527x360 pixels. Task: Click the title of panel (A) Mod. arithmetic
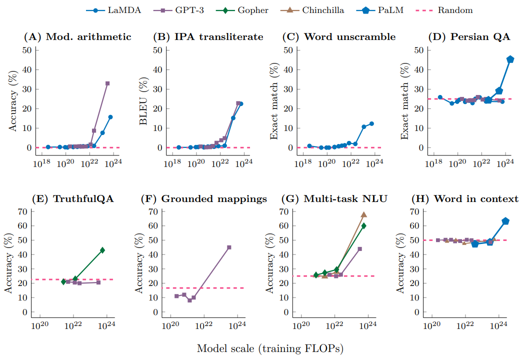point(77,36)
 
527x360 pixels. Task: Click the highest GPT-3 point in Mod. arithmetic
point(107,83)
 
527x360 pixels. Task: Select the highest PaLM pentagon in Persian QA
point(510,59)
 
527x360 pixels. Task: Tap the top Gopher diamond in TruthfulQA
point(102,250)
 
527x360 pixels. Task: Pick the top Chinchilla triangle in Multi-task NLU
point(364,214)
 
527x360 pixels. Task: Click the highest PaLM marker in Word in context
point(505,221)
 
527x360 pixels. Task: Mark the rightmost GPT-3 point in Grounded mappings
point(229,247)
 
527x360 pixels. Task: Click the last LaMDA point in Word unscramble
point(371,123)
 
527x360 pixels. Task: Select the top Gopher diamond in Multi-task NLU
point(364,225)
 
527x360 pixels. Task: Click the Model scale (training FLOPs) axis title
point(270,348)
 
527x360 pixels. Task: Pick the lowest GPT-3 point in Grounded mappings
point(189,300)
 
